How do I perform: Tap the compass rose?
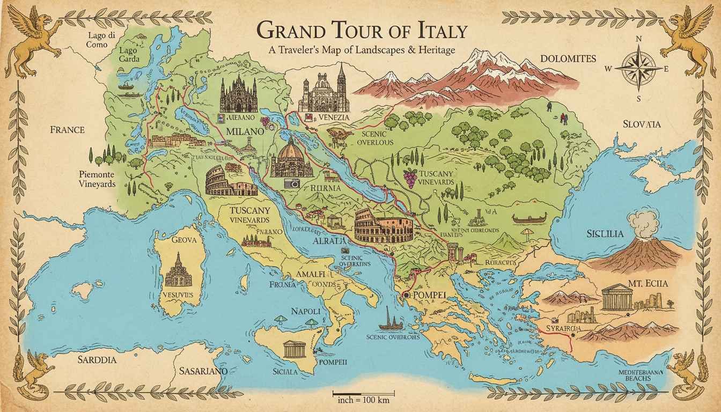(x=638, y=69)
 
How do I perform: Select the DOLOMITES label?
(x=568, y=58)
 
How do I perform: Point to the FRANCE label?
(x=67, y=129)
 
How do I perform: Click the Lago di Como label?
(x=101, y=40)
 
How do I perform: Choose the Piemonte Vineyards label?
(x=97, y=179)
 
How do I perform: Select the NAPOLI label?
(x=305, y=311)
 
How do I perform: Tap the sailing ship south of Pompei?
(x=388, y=320)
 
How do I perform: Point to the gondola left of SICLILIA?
(x=529, y=218)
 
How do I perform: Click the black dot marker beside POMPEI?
(x=407, y=295)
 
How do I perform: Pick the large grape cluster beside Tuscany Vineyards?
(x=410, y=177)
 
